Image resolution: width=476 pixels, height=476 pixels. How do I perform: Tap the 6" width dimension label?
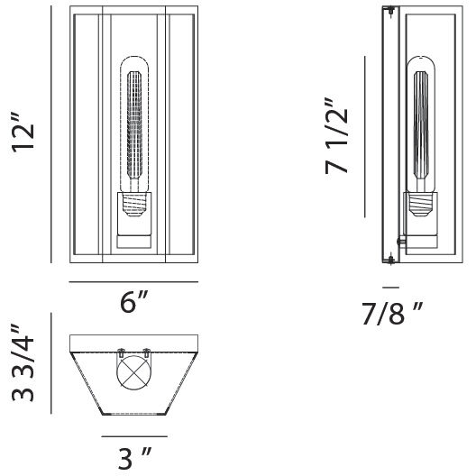point(133,304)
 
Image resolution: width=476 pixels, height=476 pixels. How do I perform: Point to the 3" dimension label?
point(133,459)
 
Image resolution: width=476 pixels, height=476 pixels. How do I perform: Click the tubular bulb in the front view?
point(133,126)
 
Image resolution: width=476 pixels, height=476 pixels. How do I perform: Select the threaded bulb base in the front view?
point(133,208)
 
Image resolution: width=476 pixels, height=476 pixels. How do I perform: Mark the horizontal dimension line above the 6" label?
point(133,282)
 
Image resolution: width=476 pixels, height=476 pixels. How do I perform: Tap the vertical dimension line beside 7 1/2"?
point(364,135)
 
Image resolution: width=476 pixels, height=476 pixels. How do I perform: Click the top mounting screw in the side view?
point(389,12)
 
